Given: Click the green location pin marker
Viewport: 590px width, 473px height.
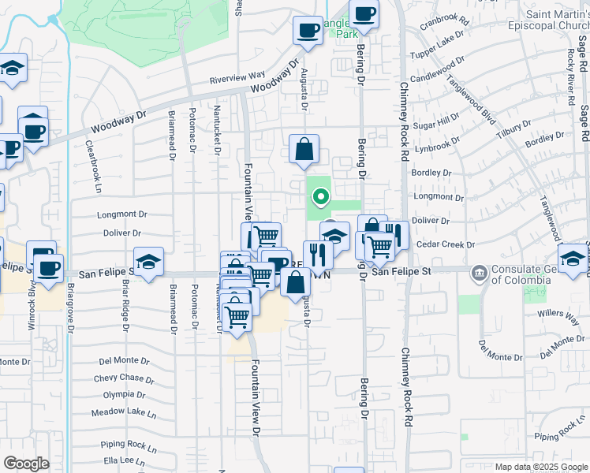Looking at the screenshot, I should click(320, 197).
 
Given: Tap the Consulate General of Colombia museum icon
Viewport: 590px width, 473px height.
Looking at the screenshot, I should click(479, 274).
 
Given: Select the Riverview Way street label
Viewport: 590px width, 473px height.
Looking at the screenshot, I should click(237, 77).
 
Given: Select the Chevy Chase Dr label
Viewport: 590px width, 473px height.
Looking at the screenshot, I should click(124, 378).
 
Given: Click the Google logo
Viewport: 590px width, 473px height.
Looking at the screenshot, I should click(26, 464).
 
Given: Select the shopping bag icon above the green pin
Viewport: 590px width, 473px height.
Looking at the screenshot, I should click(304, 149).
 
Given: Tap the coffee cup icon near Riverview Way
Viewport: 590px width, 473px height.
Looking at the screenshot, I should click(307, 32).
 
